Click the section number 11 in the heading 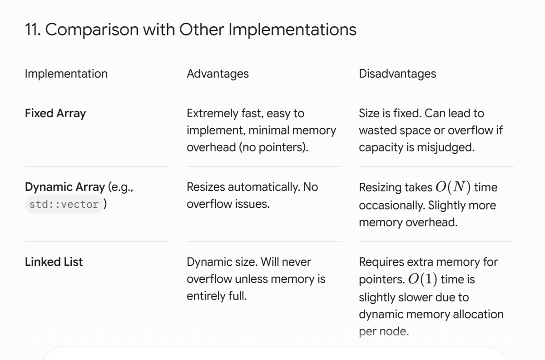click(x=33, y=30)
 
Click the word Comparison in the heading click(x=92, y=30)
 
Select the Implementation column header click(x=66, y=74)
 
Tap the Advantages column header click(x=218, y=74)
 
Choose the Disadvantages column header click(x=397, y=74)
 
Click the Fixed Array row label click(x=55, y=114)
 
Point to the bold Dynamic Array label click(x=65, y=187)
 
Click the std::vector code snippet click(x=64, y=205)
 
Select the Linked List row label click(x=54, y=262)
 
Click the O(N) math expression click(x=453, y=187)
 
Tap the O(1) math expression click(x=423, y=279)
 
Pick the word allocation click(x=478, y=315)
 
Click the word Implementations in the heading click(x=292, y=30)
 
